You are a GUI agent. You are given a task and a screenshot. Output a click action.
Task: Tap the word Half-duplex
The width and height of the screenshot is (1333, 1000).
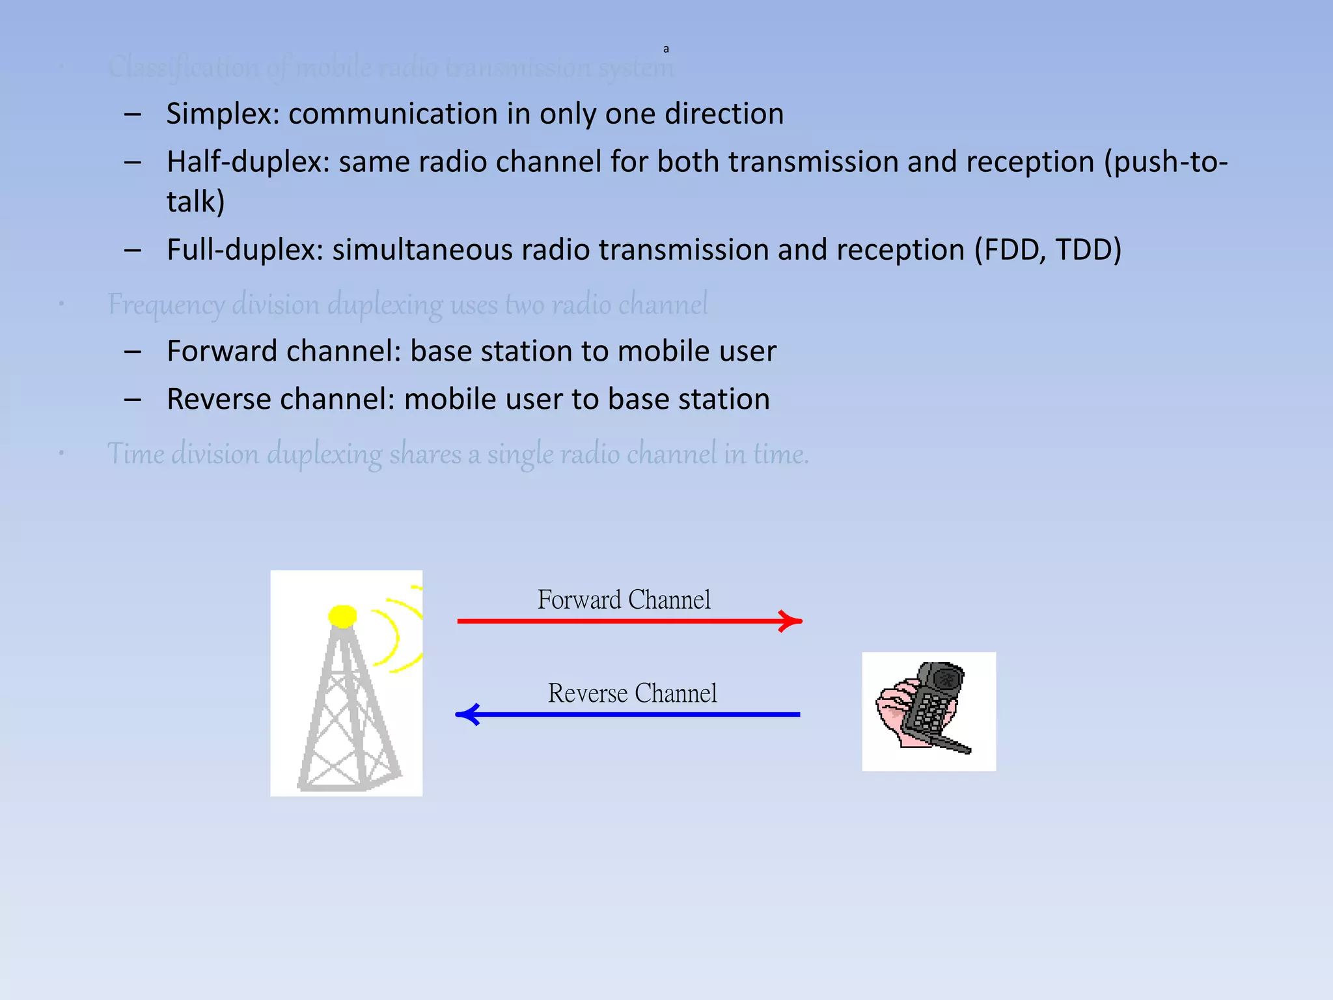click(248, 162)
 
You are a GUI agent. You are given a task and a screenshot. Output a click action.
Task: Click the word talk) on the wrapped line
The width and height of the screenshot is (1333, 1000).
click(195, 202)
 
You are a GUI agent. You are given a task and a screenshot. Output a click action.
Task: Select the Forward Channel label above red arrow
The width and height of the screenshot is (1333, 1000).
click(624, 600)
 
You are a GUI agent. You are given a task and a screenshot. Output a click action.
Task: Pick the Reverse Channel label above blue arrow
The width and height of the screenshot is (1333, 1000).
click(632, 693)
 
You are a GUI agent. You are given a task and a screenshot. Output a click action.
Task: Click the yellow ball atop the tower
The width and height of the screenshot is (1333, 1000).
click(342, 615)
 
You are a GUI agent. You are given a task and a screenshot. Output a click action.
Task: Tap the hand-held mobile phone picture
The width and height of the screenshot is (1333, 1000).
click(929, 711)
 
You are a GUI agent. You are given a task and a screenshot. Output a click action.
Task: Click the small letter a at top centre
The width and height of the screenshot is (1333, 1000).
click(666, 49)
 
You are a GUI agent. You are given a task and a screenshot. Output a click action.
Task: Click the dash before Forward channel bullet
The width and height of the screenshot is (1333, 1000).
click(133, 352)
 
